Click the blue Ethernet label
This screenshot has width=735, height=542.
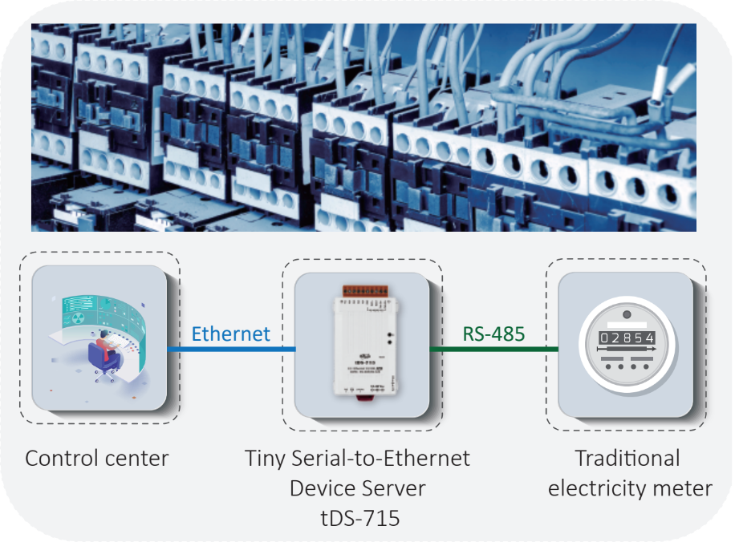[231, 334]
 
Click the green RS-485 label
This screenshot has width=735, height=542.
[493, 334]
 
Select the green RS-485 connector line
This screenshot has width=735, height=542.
[493, 350]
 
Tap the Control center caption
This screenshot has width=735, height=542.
[97, 459]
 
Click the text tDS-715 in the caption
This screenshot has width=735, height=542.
[358, 518]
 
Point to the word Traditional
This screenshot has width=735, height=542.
[627, 459]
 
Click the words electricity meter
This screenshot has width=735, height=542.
[630, 488]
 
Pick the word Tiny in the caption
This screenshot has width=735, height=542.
[264, 459]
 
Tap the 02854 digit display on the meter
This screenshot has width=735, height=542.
[627, 338]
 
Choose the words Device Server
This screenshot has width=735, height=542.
[358, 488]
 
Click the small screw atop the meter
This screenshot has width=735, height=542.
[627, 315]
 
